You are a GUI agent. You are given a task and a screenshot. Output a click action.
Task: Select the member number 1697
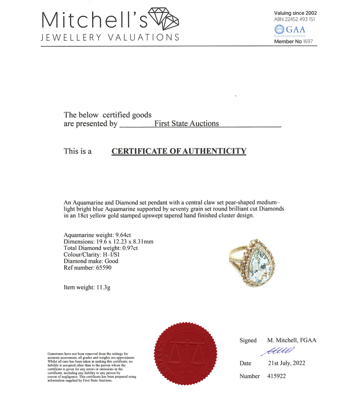point(308,42)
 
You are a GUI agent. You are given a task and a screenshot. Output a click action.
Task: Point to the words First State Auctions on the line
point(187,124)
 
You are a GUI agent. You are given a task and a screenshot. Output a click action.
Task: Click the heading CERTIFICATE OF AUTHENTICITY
point(179,151)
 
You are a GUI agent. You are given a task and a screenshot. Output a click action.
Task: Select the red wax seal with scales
point(185,352)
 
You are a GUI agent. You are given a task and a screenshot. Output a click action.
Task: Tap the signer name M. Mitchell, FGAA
point(292,340)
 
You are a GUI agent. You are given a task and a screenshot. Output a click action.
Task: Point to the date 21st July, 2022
point(286,363)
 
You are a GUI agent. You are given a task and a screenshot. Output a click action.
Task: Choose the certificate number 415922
point(276,376)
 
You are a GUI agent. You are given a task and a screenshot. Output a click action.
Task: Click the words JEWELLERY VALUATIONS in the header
point(110,37)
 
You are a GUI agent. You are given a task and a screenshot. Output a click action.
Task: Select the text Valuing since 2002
point(295,13)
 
